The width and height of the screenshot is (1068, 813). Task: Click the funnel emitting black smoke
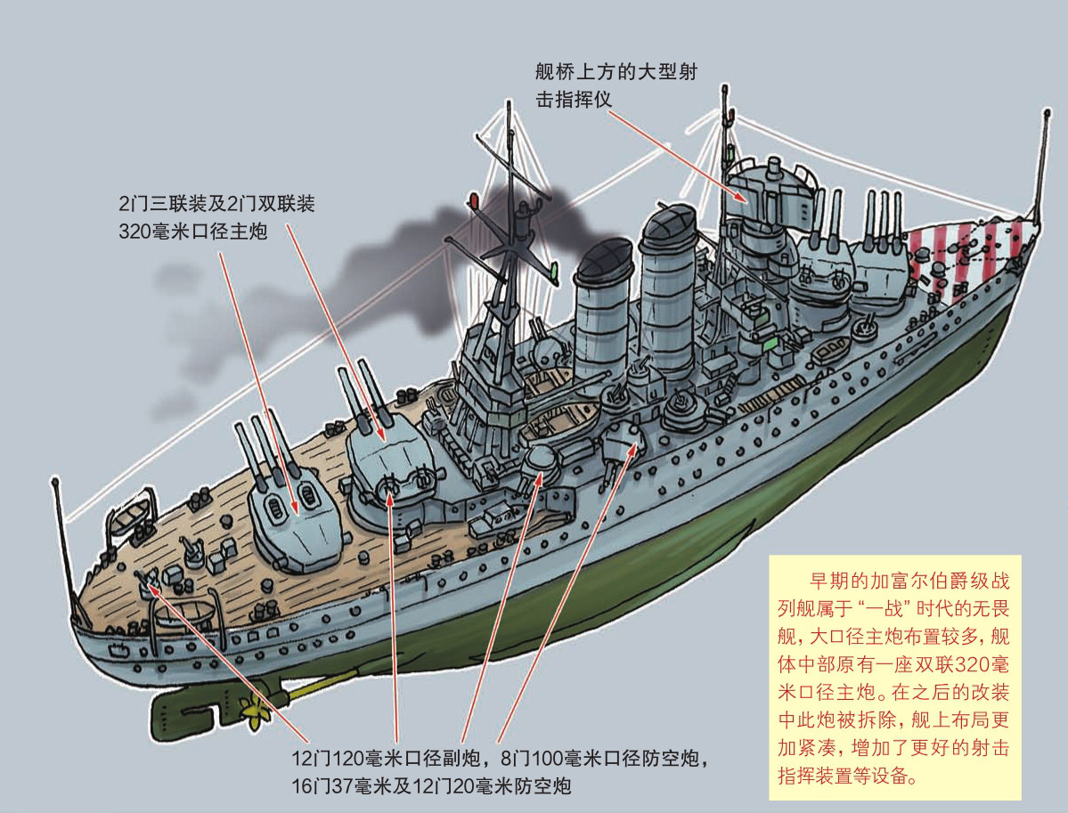602,310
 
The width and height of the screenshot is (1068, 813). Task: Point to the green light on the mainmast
554,272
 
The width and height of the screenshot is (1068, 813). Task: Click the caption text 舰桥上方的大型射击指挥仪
616,85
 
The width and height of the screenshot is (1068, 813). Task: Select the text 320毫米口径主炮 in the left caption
192,232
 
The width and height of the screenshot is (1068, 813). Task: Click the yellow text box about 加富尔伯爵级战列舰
894,678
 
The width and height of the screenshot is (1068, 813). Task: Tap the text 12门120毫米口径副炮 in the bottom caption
387,758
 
